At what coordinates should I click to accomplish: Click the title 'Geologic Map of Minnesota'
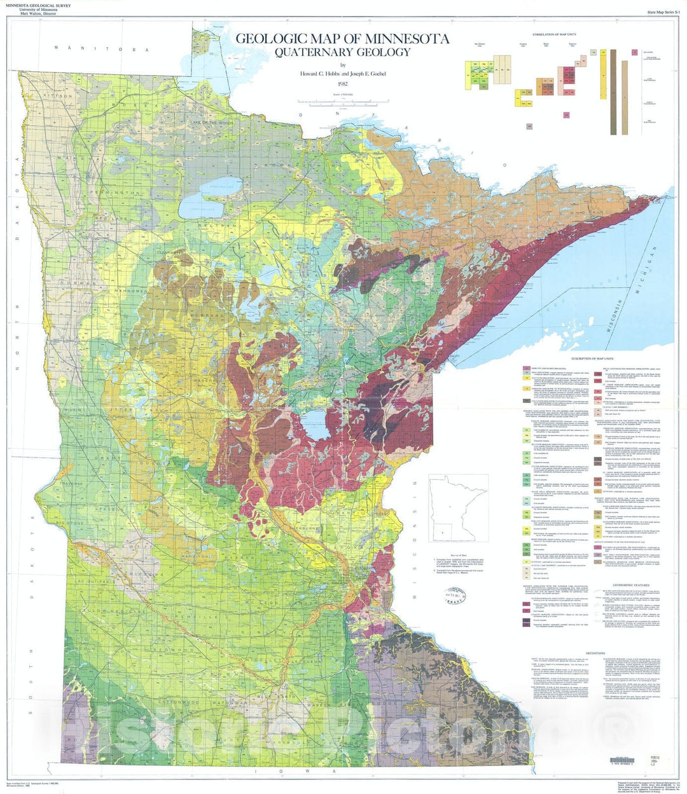point(342,39)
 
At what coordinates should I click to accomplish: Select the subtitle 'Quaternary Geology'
point(342,53)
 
